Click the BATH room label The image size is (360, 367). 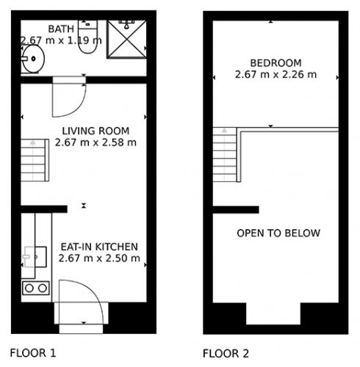point(61,29)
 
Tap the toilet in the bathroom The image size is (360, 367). point(87,37)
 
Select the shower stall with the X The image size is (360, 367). point(126,39)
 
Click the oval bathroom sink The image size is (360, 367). point(33,59)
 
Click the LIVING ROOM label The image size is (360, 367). point(96,131)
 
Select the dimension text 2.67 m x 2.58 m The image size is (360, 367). point(96,142)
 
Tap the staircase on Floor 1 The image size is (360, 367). point(35,160)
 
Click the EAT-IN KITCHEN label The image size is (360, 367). point(99,247)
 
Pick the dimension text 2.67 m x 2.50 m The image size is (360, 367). point(99,258)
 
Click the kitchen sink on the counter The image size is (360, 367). point(35,257)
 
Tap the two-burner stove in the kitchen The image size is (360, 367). point(36,288)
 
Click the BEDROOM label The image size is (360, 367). point(276,63)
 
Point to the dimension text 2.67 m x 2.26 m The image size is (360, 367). point(276,75)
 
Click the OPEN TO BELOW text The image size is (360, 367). point(278,233)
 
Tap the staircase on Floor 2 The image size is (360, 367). point(225,155)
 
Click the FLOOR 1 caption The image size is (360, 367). point(33,353)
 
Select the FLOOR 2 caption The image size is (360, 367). point(226,354)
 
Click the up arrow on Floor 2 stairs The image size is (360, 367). point(224,131)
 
